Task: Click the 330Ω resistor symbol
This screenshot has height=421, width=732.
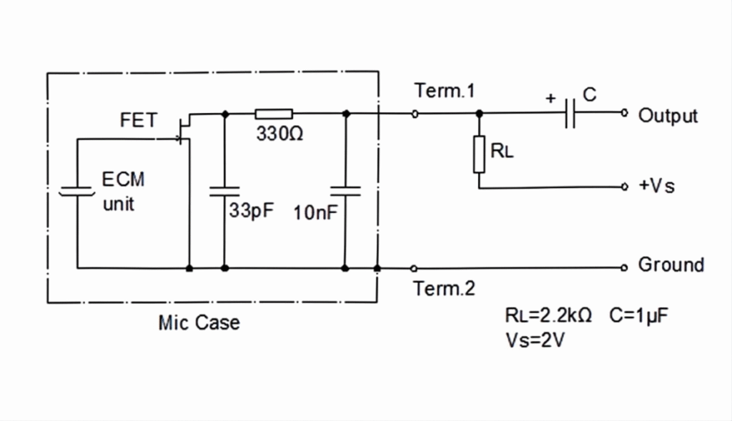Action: (x=274, y=114)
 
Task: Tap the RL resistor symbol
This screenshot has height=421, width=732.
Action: (x=479, y=154)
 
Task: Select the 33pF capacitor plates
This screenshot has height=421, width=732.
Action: (x=224, y=192)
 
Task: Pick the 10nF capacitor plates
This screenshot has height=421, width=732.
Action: (x=345, y=191)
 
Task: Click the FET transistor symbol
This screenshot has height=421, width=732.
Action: (x=184, y=130)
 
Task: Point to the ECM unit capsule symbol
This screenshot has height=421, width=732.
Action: (x=77, y=192)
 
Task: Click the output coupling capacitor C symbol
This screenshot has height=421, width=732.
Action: (x=570, y=113)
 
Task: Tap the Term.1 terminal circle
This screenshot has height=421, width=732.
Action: (x=415, y=114)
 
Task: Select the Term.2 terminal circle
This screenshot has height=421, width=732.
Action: (x=414, y=268)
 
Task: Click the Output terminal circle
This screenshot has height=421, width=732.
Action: (x=624, y=112)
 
